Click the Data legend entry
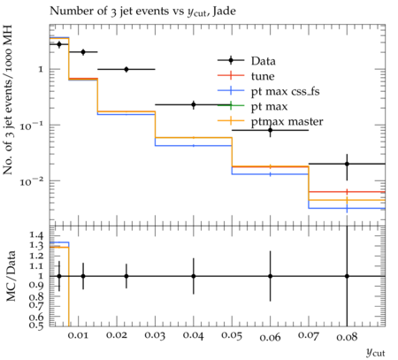[x=247, y=61]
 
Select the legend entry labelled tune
[x=246, y=76]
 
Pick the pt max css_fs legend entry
[x=268, y=91]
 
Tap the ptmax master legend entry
[x=270, y=121]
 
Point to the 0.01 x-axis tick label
[x=78, y=335]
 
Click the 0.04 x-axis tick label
[x=194, y=335]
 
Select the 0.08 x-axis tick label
[x=347, y=336]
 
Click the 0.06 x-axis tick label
[x=270, y=337]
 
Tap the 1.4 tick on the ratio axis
[x=36, y=235]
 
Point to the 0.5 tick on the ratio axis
[x=36, y=325]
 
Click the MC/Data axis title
[x=11, y=276]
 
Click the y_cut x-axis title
[x=375, y=352]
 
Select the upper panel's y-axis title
[x=8, y=100]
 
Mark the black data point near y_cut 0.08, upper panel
[x=347, y=164]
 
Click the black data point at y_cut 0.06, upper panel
[x=270, y=130]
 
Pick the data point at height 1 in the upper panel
[x=126, y=69]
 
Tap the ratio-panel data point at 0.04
[x=194, y=276]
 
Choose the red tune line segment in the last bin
[x=347, y=192]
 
